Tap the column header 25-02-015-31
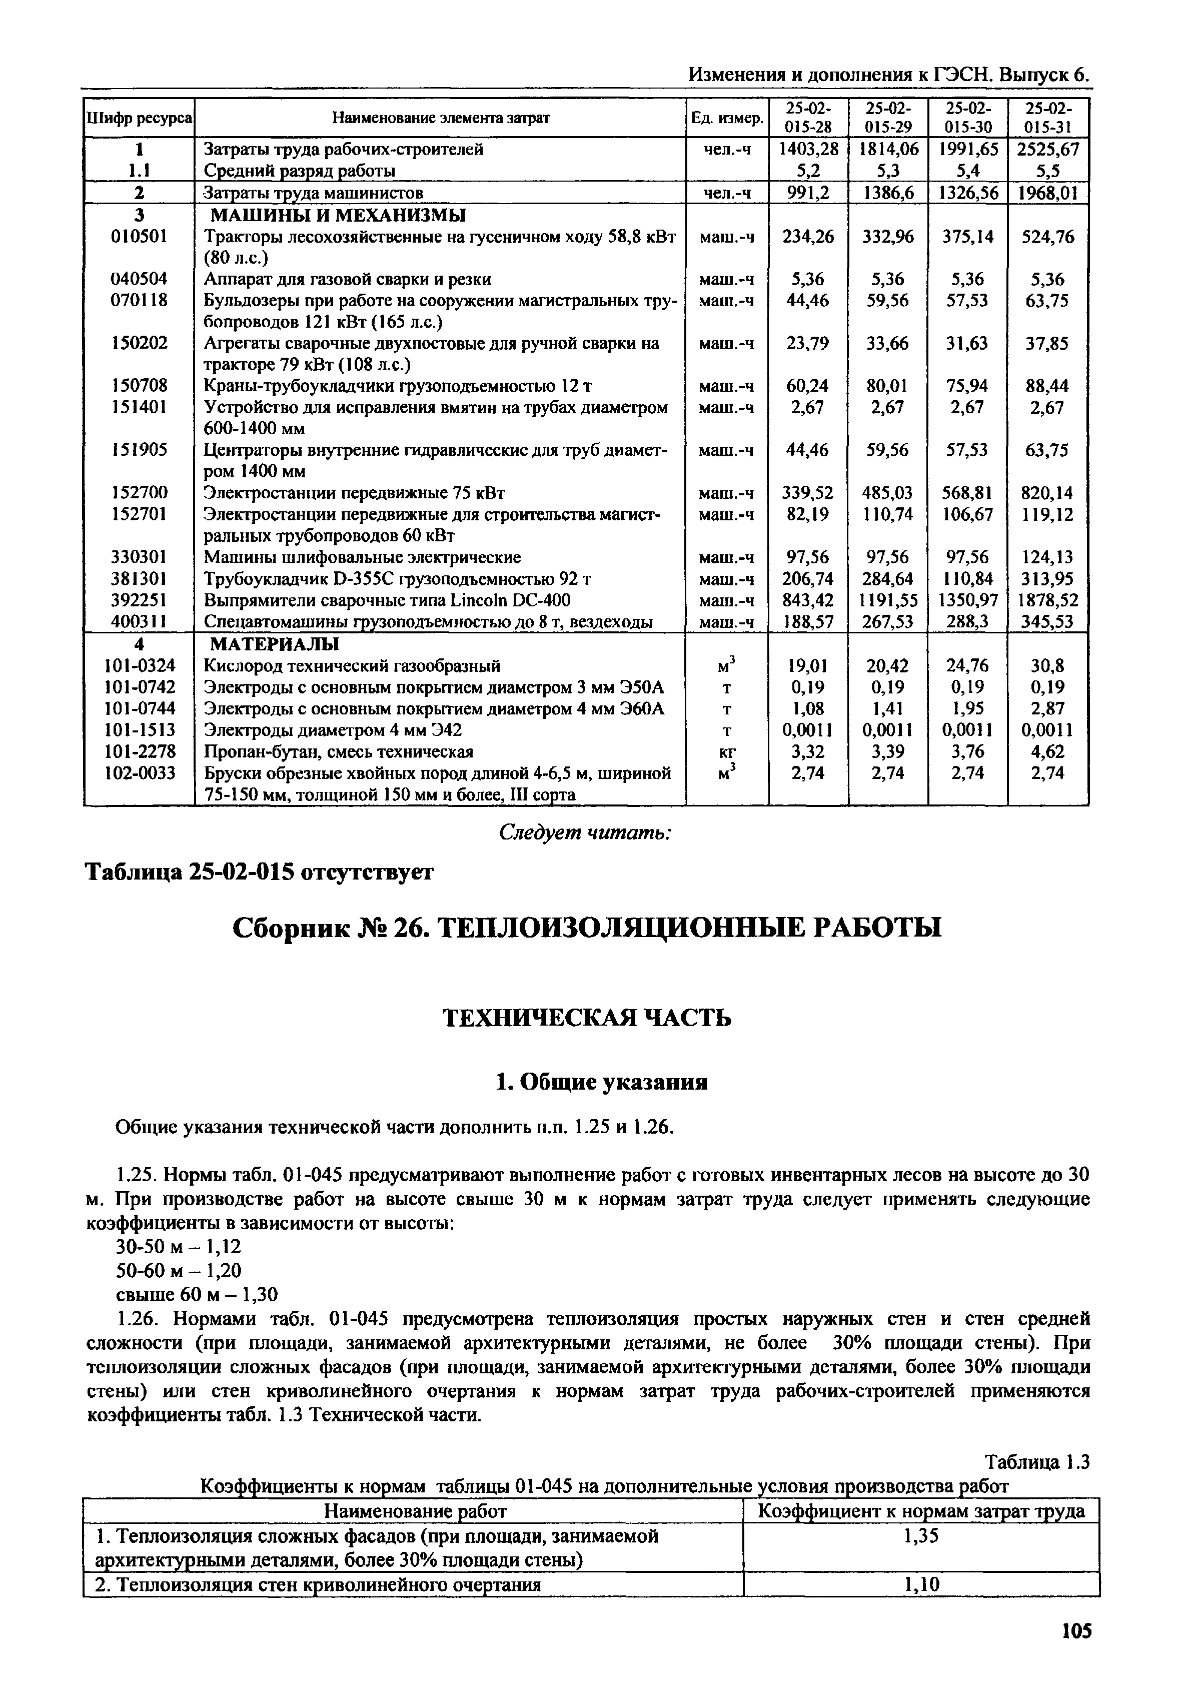[x=1047, y=118]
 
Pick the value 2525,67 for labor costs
[x=1047, y=150]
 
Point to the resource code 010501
[x=139, y=236]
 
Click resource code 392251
[x=139, y=600]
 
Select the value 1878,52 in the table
[x=1047, y=600]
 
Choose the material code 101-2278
[x=139, y=751]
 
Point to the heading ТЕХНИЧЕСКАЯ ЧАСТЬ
[x=587, y=1017]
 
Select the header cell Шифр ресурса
[x=140, y=118]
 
